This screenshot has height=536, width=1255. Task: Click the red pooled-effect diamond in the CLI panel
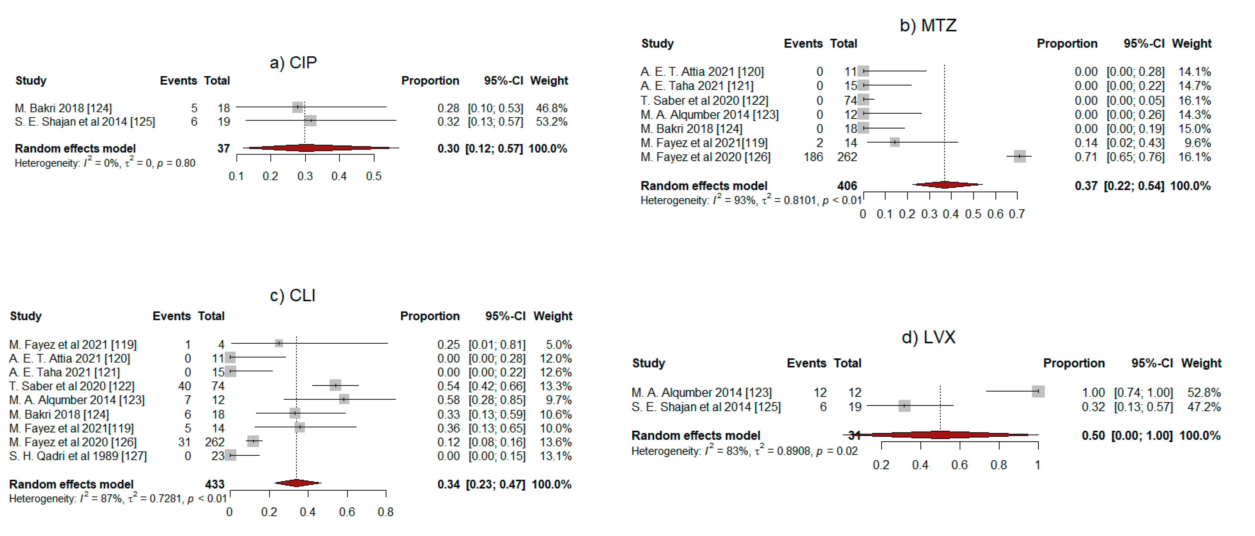[297, 483]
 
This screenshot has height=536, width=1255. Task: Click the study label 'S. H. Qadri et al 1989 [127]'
[78, 456]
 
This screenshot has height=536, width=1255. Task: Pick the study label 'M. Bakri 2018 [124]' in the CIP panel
[63, 108]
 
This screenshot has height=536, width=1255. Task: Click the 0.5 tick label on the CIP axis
[374, 176]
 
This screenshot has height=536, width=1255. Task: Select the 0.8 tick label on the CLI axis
[385, 512]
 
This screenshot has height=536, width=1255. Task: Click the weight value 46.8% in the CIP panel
[551, 108]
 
